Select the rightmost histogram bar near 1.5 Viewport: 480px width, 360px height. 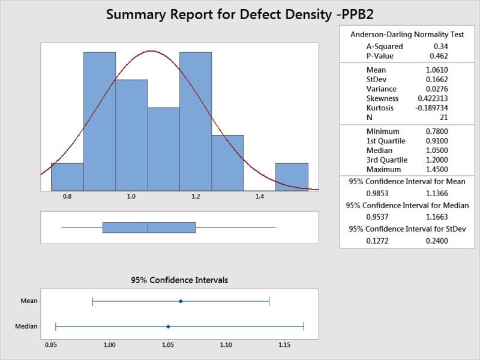click(292, 176)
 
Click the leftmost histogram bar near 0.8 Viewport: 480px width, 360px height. click(67, 176)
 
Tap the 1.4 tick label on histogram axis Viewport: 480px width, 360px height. click(260, 196)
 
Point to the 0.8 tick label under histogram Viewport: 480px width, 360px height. click(67, 196)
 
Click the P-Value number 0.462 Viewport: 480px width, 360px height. click(438, 56)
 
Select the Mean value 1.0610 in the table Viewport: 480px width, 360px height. click(436, 70)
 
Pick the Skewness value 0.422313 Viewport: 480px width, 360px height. click(433, 98)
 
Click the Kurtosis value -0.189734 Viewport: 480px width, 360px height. click(431, 108)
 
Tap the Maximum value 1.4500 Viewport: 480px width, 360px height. click(436, 169)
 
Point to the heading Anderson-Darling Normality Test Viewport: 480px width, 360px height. click(407, 35)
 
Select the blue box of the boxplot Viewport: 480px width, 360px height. click(149, 227)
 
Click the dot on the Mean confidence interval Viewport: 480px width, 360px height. click(181, 301)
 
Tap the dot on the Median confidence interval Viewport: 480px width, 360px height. click(168, 326)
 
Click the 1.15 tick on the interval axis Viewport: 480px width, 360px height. click(284, 345)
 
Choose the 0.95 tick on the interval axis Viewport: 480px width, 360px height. click(51, 345)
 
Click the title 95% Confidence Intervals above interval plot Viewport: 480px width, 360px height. click(179, 280)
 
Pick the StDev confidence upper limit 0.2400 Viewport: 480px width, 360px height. click(436, 241)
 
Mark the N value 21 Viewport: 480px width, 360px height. click(443, 118)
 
